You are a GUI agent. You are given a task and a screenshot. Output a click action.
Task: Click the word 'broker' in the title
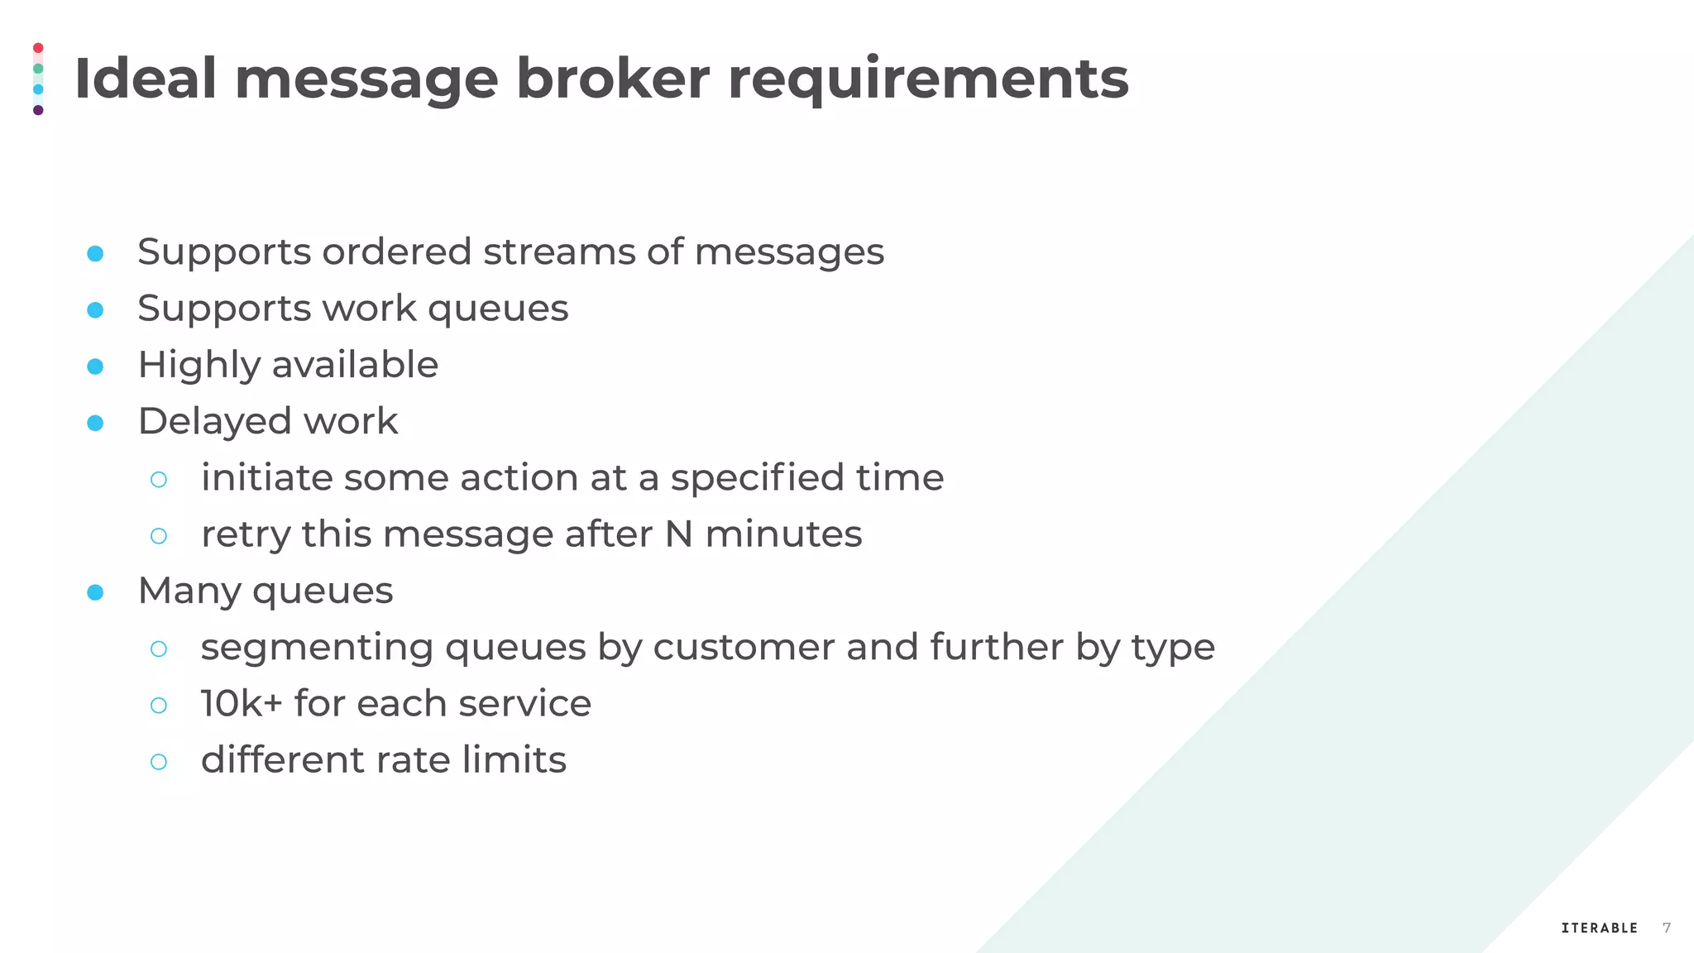pyautogui.click(x=612, y=79)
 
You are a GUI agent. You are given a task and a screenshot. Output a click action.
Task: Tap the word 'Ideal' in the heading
pyautogui.click(x=146, y=79)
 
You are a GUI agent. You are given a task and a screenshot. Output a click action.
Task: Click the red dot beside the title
pyautogui.click(x=38, y=48)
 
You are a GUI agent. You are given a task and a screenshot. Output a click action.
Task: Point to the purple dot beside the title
pyautogui.click(x=38, y=110)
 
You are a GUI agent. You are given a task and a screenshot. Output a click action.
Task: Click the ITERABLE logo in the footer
pyautogui.click(x=1599, y=928)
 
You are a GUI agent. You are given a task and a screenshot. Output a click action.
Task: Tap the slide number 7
pyautogui.click(x=1667, y=928)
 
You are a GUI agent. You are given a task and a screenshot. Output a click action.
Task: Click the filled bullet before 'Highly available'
pyautogui.click(x=95, y=366)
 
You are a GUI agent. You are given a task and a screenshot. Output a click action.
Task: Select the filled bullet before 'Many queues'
pyautogui.click(x=95, y=592)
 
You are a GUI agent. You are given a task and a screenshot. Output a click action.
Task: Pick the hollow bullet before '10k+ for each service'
pyautogui.click(x=159, y=705)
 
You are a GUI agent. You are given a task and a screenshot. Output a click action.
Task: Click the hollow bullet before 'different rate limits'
pyautogui.click(x=159, y=761)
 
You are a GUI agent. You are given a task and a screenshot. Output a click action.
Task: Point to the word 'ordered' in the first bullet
pyautogui.click(x=396, y=251)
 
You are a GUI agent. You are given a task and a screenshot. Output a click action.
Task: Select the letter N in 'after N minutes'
pyautogui.click(x=678, y=534)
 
